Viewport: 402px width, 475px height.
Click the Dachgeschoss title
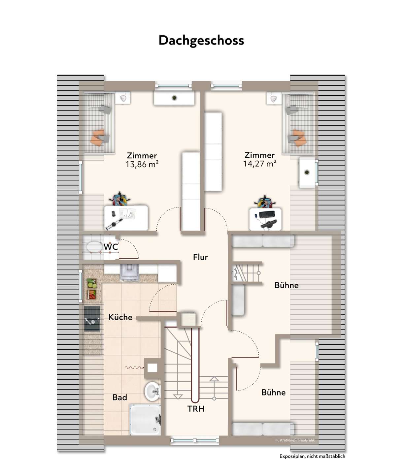(201, 41)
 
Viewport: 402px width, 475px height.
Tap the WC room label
(111, 247)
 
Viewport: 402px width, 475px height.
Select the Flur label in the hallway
(200, 257)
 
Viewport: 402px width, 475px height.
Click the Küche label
(120, 317)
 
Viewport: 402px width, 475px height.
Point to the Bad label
(119, 397)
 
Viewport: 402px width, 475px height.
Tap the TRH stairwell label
(196, 409)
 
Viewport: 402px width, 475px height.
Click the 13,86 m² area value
(142, 164)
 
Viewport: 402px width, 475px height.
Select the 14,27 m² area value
(260, 164)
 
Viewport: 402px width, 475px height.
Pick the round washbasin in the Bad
(152, 391)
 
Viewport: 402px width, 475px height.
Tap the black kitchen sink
(92, 319)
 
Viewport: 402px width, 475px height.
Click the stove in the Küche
(129, 272)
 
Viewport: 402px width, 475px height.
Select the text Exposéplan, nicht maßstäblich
(312, 457)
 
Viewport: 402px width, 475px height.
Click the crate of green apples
(92, 283)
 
